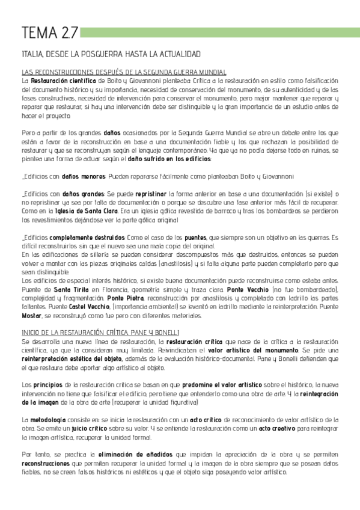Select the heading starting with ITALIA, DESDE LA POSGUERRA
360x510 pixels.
(x=110, y=54)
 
